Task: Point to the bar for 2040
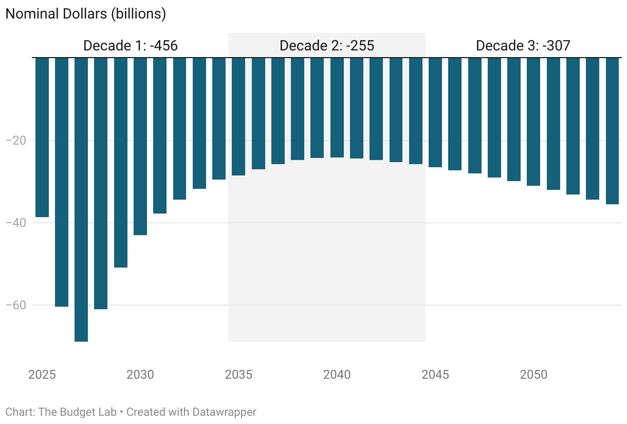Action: [x=337, y=108]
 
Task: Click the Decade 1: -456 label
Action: [x=131, y=46]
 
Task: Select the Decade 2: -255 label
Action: [x=327, y=46]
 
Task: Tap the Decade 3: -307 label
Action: [x=523, y=46]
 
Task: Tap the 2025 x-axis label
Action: [x=42, y=374]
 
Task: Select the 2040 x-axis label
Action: [x=337, y=374]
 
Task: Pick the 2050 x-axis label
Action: [x=533, y=374]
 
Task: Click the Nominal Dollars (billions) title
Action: [x=85, y=14]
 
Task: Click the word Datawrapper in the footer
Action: [x=224, y=412]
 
